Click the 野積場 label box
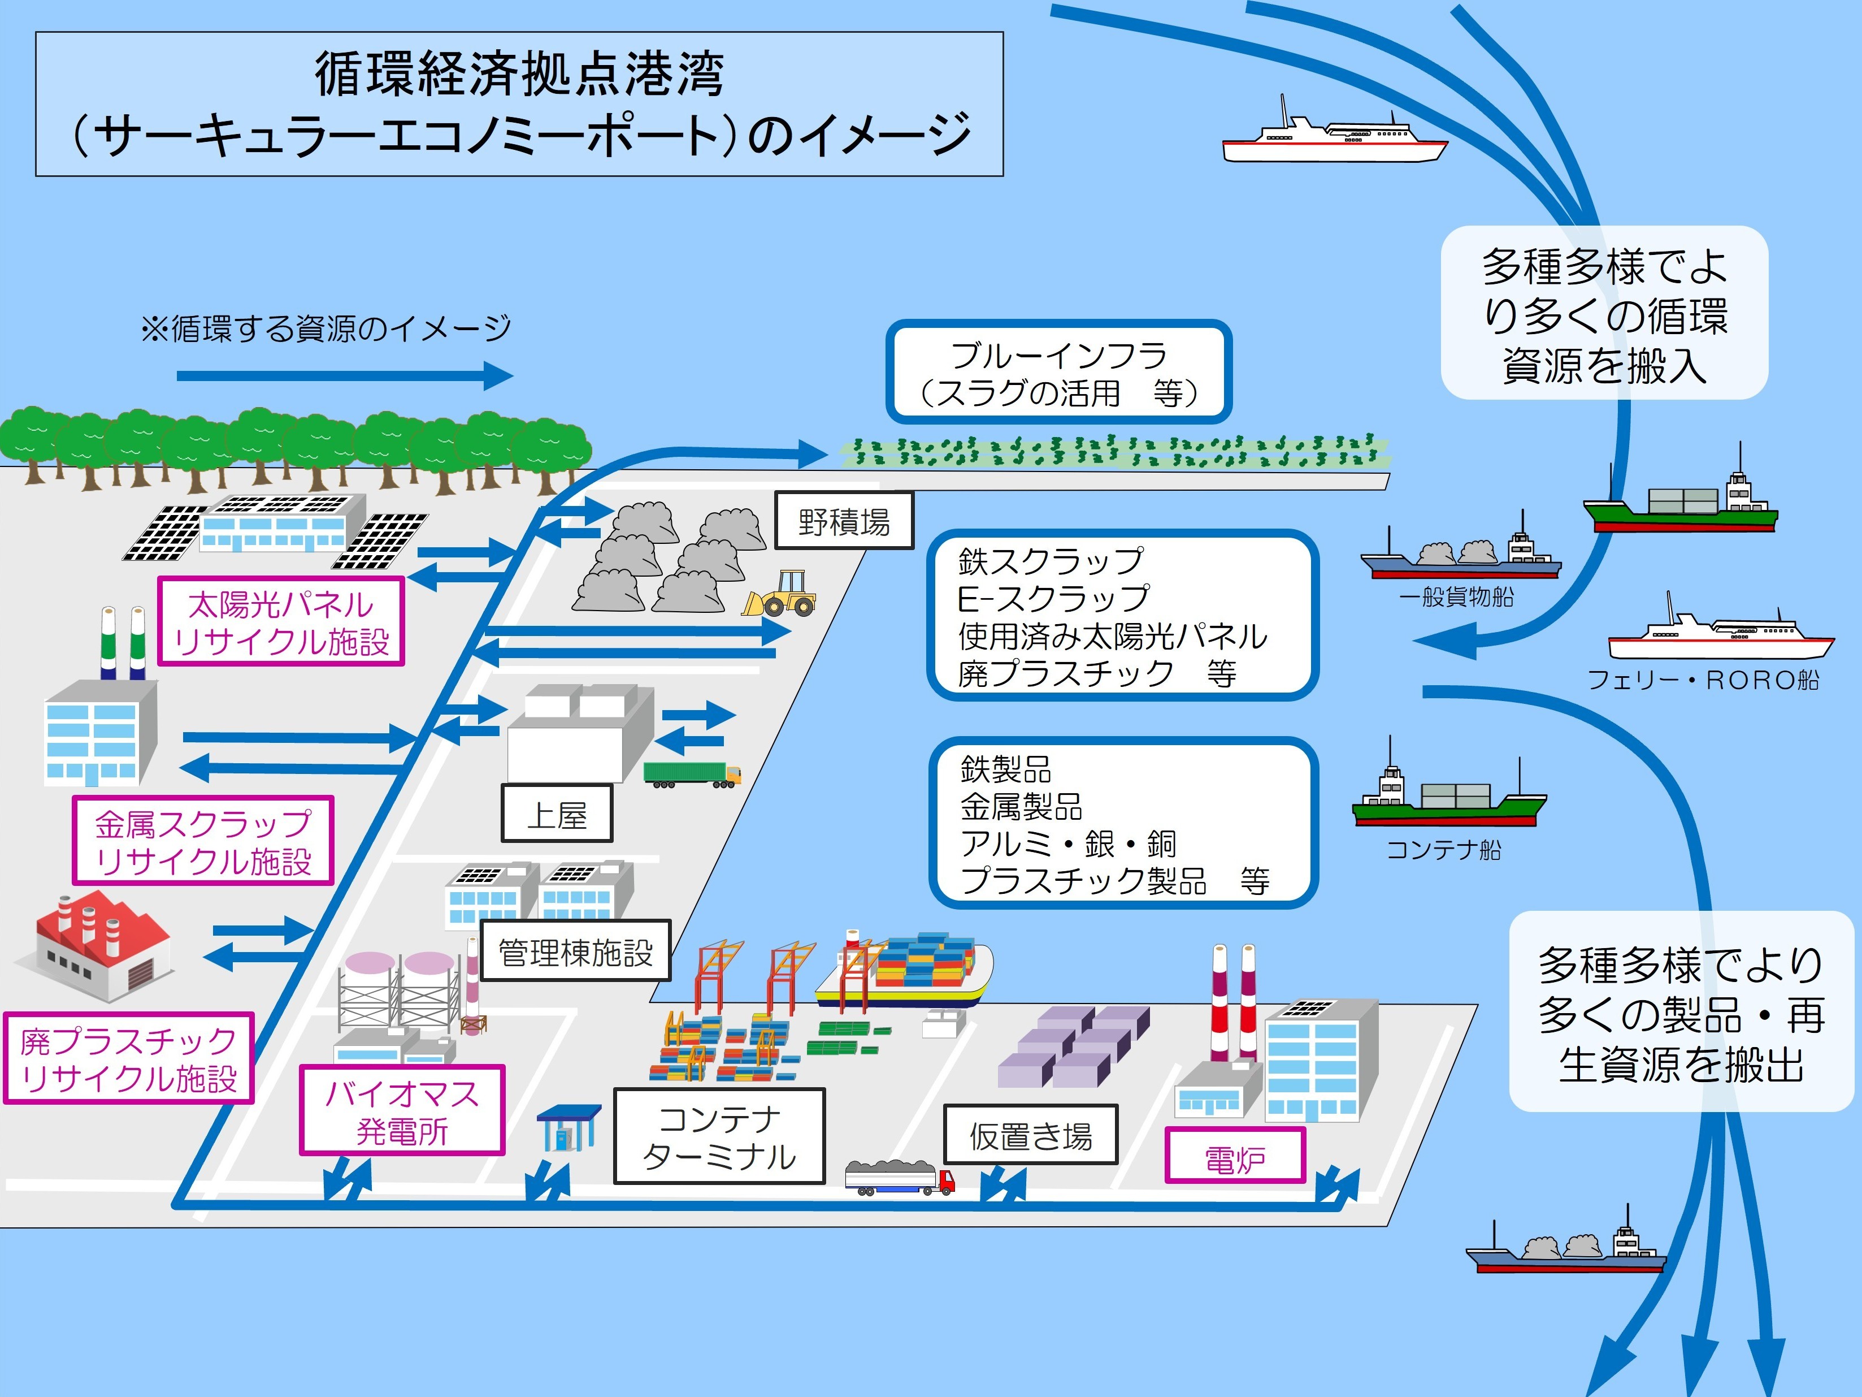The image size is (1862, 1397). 844,522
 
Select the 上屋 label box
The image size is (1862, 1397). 557,814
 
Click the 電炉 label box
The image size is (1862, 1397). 1235,1160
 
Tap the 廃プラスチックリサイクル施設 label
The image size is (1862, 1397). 129,1058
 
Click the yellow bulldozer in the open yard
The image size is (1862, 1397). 780,595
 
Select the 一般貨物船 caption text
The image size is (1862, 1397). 1456,597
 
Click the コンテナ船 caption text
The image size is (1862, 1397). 1444,850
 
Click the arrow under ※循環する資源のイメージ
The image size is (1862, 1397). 345,375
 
